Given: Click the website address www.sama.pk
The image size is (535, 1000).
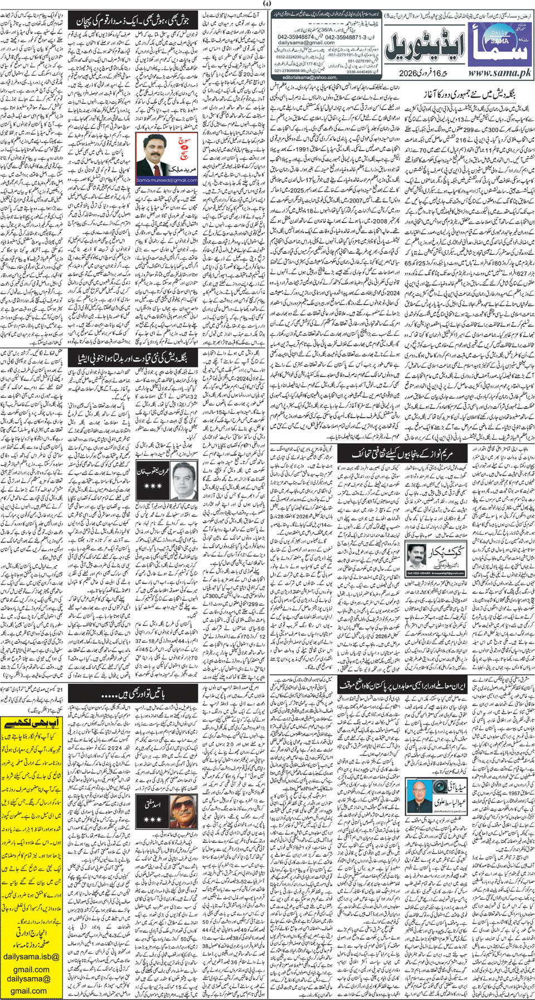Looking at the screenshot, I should click(498, 73).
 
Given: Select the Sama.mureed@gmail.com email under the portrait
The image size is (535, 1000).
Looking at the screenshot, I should click(167, 180).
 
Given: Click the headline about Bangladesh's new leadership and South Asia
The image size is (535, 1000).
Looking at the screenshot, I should click(134, 358).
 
